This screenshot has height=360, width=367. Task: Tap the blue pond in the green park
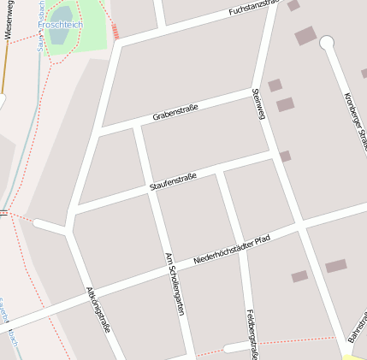pos(62,15)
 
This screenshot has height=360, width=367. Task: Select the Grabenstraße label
pos(175,111)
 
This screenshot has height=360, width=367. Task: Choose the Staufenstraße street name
pos(173,181)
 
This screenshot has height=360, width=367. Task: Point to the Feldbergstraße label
pos(252,333)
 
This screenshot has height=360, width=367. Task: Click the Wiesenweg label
pos(8,19)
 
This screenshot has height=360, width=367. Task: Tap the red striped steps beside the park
pos(115,32)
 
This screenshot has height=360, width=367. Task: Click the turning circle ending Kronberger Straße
pos(326,42)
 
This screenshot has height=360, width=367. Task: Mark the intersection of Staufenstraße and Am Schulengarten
pos(151,189)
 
